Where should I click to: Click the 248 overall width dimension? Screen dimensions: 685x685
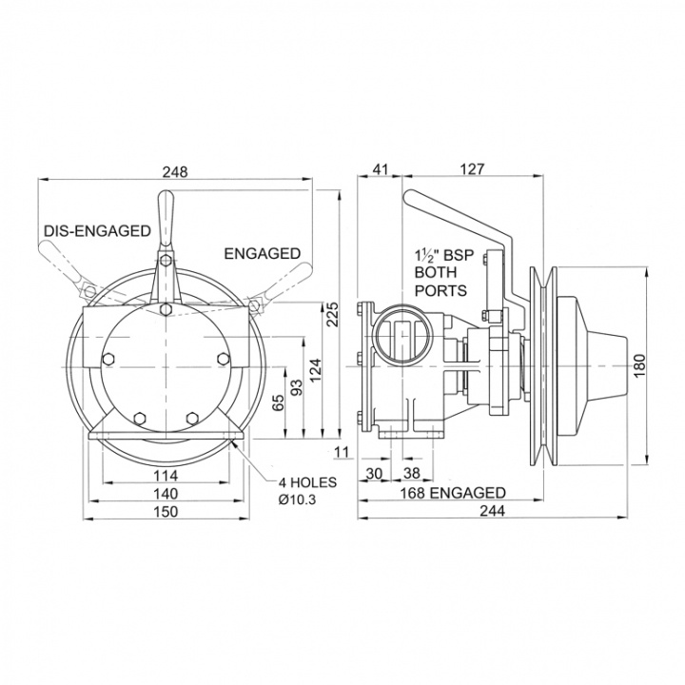pyautogui.click(x=175, y=171)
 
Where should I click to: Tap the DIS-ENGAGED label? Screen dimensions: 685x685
pyautogui.click(x=97, y=230)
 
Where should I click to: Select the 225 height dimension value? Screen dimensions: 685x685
pyautogui.click(x=333, y=314)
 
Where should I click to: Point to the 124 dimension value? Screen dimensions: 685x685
pyautogui.click(x=316, y=369)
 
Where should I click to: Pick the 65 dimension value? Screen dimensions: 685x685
pyautogui.click(x=278, y=401)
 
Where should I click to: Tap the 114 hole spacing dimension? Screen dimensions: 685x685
pyautogui.click(x=166, y=475)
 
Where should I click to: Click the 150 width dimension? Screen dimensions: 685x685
pyautogui.click(x=166, y=511)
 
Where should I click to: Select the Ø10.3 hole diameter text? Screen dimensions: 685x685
pyautogui.click(x=297, y=499)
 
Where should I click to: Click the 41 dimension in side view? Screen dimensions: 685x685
pyautogui.click(x=380, y=169)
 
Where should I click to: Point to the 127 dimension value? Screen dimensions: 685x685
pyautogui.click(x=473, y=169)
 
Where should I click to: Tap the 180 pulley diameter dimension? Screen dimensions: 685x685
pyautogui.click(x=638, y=366)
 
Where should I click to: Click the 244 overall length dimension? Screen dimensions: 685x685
pyautogui.click(x=493, y=510)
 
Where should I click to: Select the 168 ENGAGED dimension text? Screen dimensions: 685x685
pyautogui.click(x=454, y=493)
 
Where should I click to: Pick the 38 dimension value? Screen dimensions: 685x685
pyautogui.click(x=412, y=473)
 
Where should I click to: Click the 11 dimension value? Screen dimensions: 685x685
pyautogui.click(x=342, y=452)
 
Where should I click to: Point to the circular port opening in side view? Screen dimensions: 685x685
pyautogui.click(x=402, y=337)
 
